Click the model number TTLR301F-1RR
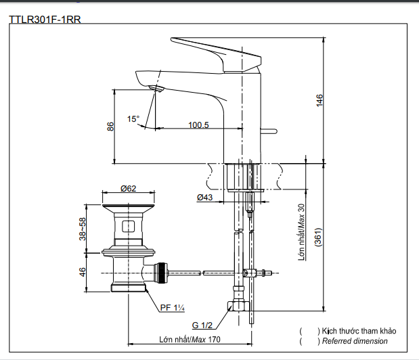(45, 20)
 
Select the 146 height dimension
(319, 99)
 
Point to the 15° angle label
(133, 119)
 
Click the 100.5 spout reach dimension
(198, 125)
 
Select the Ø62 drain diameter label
(129, 189)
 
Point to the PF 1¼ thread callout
(173, 308)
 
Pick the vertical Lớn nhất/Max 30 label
(302, 234)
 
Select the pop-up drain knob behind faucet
(271, 131)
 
